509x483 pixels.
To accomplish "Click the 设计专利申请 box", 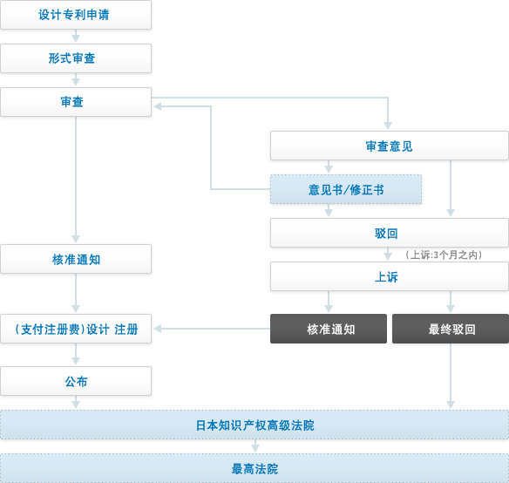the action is [76, 15].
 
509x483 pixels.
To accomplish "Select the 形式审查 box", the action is [76, 58].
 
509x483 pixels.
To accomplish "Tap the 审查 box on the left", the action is [76, 102].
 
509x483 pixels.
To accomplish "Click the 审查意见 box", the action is [390, 146].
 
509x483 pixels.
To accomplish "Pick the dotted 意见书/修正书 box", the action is [346, 189].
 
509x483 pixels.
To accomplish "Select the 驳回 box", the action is [390, 233].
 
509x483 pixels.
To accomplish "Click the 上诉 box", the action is [390, 276].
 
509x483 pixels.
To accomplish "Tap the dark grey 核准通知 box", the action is [329, 329].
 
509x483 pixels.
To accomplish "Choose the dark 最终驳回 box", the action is [451, 329].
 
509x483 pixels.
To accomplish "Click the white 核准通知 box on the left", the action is [76, 259].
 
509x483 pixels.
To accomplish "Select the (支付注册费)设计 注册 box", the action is [76, 329].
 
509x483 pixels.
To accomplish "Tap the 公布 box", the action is [76, 381].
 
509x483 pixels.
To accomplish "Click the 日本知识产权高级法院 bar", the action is [254, 425].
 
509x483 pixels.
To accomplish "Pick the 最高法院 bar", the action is [254, 468].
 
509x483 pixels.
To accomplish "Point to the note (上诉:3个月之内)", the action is [444, 255].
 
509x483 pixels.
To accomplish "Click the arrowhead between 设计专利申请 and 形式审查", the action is [76, 38].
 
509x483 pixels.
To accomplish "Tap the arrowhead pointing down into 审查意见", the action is [388, 126].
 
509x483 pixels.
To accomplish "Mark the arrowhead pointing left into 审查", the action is [158, 106].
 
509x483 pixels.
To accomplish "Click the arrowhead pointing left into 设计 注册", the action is [158, 329].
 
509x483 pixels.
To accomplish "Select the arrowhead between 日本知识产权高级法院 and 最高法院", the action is [255, 448].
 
